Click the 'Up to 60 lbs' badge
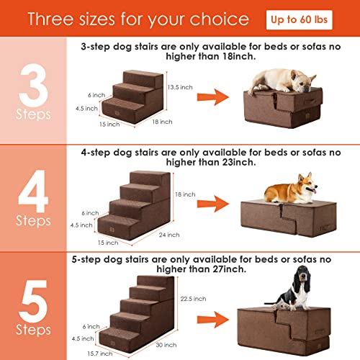tap(299, 20)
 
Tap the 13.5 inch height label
tap(180, 87)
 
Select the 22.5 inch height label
tap(193, 299)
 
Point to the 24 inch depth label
tap(169, 235)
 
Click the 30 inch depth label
tap(166, 345)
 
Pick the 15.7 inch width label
tap(100, 354)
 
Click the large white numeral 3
tap(33, 85)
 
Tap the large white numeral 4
tap(33, 191)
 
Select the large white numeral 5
tap(33, 301)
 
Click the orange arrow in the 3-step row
tap(213, 97)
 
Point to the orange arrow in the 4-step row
tap(213, 204)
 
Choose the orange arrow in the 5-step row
tap(213, 320)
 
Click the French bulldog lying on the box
tap(282, 81)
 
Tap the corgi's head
tap(307, 184)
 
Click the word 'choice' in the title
tap(220, 19)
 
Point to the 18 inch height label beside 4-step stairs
tap(185, 194)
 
